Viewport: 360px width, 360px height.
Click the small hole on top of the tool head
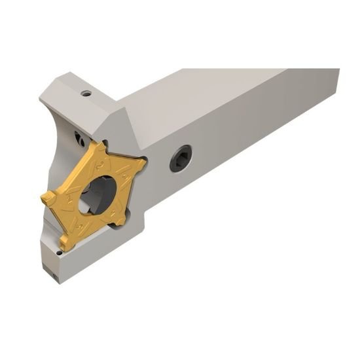pos(85,93)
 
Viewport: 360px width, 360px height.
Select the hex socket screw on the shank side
pos(181,157)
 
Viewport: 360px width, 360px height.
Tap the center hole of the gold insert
pos(92,197)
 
